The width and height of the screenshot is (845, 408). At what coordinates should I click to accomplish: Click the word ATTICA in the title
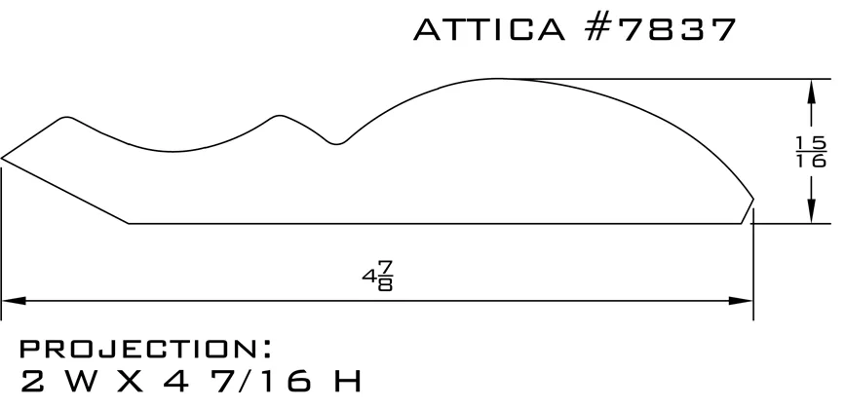pos(489,29)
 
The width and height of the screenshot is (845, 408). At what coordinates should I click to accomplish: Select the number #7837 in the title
pos(660,29)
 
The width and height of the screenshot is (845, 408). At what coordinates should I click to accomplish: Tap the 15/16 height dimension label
pos(811,152)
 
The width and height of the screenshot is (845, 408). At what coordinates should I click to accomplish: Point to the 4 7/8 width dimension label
pos(378,276)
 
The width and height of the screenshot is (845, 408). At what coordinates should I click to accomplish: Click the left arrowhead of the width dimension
pos(14,300)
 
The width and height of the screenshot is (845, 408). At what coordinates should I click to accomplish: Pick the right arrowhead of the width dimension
pos(741,300)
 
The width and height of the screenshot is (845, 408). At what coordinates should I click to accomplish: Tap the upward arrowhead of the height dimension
pos(811,92)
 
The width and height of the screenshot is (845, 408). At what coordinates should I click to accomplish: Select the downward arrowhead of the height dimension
pos(811,211)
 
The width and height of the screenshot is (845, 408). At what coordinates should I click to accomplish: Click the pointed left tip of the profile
pos(2,159)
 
